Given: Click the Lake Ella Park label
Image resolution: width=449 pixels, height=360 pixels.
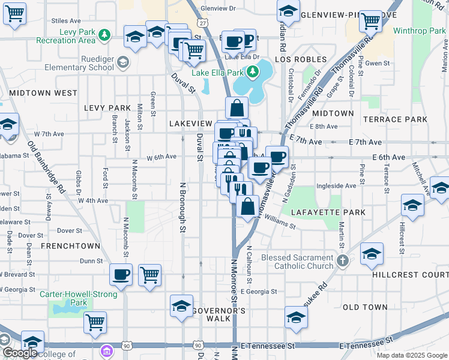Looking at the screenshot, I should pyautogui.click(x=217, y=73).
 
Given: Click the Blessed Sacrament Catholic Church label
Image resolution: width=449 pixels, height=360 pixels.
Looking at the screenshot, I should pyautogui.click(x=297, y=262).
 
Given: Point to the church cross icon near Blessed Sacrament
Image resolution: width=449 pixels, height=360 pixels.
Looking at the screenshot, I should pyautogui.click(x=342, y=261).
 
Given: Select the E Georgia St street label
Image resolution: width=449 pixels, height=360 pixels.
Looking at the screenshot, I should pyautogui.click(x=257, y=292).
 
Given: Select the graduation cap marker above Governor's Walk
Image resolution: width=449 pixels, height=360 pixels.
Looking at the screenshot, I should pyautogui.click(x=181, y=306).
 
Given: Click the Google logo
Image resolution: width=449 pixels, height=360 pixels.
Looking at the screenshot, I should pyautogui.click(x=20, y=353).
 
